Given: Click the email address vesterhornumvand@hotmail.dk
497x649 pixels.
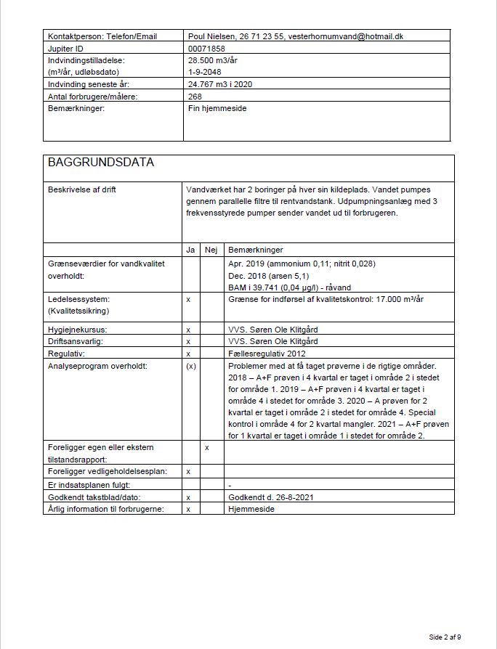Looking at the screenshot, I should tap(346, 36).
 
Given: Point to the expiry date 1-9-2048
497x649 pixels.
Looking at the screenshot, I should tap(204, 72).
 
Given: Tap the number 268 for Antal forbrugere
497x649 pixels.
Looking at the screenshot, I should tap(195, 96).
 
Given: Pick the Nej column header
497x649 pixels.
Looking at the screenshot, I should tap(211, 250).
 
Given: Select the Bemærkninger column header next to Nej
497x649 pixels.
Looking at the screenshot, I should tap(255, 250).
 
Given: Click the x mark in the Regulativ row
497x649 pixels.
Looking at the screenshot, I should tap(189, 353).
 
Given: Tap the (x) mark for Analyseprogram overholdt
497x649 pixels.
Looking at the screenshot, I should tap(190, 365).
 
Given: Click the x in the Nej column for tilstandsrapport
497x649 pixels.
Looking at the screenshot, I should tap(207, 447).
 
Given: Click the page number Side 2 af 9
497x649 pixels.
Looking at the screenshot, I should tap(445, 637).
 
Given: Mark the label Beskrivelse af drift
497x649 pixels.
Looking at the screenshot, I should tap(82, 189).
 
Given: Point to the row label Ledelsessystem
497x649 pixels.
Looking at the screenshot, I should tap(78, 298).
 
